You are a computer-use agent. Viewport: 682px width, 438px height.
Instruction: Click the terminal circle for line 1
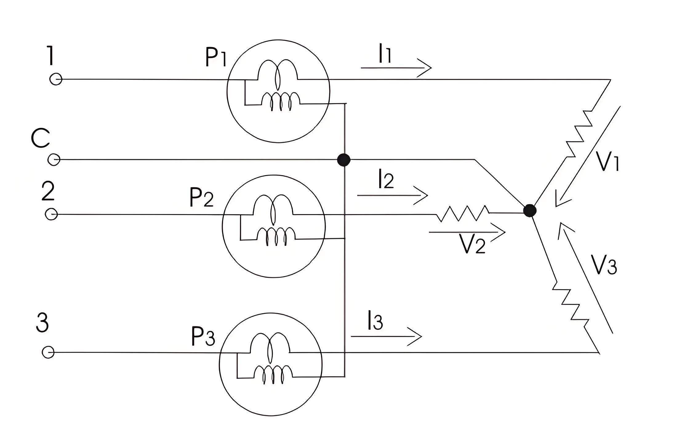(x=56, y=79)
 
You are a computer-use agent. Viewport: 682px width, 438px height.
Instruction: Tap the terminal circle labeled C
(x=54, y=160)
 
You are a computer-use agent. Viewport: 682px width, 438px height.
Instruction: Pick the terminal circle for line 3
(x=48, y=352)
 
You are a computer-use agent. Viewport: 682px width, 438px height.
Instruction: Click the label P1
(x=216, y=58)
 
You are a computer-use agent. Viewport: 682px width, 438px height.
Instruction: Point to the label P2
(x=201, y=197)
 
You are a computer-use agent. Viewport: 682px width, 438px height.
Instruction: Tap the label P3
(x=203, y=336)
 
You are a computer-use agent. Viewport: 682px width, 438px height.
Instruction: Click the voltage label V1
(x=607, y=161)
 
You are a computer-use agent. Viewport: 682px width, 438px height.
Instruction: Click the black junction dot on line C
(x=344, y=160)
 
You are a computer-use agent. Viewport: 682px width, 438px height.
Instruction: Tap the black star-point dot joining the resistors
(x=530, y=211)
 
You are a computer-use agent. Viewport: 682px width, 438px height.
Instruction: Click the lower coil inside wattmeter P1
(x=281, y=102)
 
